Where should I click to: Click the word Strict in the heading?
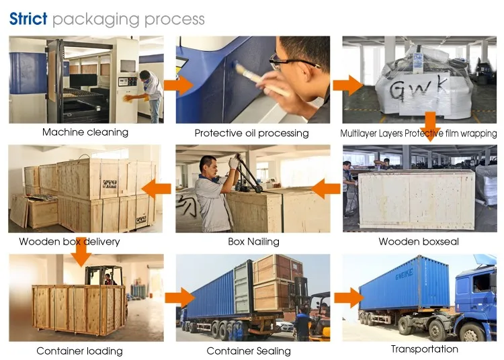[x=28, y=19]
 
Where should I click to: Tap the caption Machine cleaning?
[x=85, y=132]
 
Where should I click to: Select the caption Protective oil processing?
[x=252, y=133]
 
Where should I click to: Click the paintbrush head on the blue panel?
[x=239, y=69]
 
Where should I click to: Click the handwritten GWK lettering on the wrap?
[x=419, y=88]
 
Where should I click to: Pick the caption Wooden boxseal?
[x=419, y=242]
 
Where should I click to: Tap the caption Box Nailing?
[x=253, y=242]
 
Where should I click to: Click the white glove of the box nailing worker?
[x=234, y=163]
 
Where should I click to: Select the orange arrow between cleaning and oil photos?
[x=178, y=85]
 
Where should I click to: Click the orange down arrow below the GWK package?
[x=430, y=126]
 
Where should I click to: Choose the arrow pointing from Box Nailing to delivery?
[x=156, y=189]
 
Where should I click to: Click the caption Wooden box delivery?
[x=69, y=242]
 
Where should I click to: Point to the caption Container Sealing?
[x=249, y=351]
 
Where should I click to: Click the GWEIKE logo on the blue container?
[x=404, y=275]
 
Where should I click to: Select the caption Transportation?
[x=425, y=349]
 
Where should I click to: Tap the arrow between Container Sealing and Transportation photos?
[x=349, y=298]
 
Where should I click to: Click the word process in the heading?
[x=175, y=20]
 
